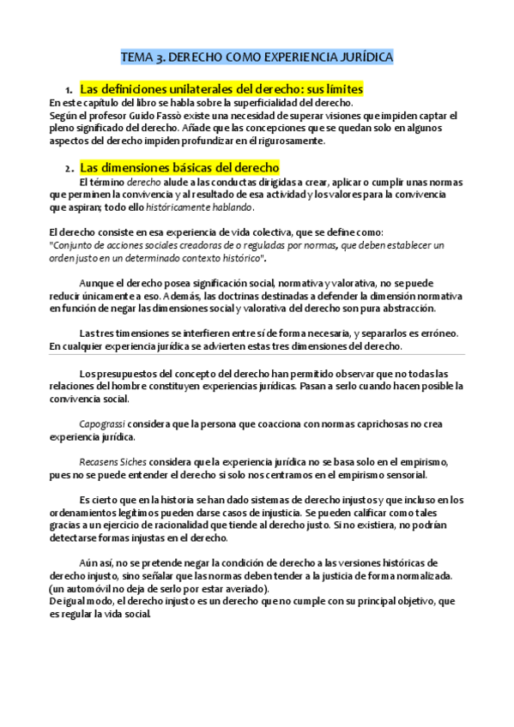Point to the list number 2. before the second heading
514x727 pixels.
(69, 168)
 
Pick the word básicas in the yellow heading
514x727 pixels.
(187, 167)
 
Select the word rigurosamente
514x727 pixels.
(289, 141)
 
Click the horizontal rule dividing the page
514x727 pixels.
(257, 355)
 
